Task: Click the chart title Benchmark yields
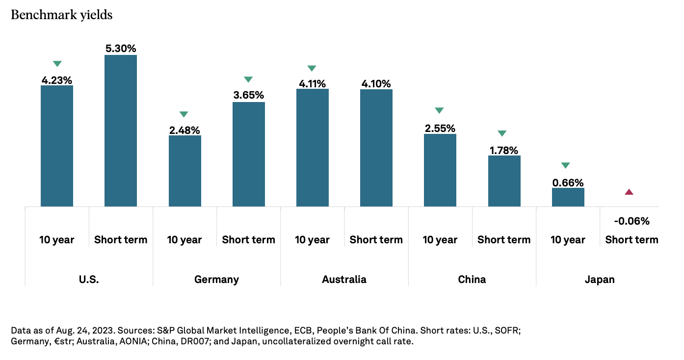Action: pyautogui.click(x=61, y=15)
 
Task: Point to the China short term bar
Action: pyautogui.click(x=504, y=181)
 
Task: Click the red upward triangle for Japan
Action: pyautogui.click(x=629, y=192)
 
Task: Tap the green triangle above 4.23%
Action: pyautogui.click(x=57, y=64)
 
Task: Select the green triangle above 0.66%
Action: pyautogui.click(x=565, y=165)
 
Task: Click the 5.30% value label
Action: pyautogui.click(x=121, y=49)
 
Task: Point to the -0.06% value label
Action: pyautogui.click(x=631, y=221)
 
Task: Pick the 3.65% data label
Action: pyautogui.click(x=248, y=95)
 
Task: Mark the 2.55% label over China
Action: pyautogui.click(x=440, y=128)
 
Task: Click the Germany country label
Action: pyautogui.click(x=216, y=280)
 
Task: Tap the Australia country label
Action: pyautogui.click(x=344, y=280)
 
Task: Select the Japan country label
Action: pyautogui.click(x=600, y=280)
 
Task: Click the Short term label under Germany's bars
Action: pyautogui.click(x=248, y=240)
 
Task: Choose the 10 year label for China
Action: pyautogui.click(x=440, y=240)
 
